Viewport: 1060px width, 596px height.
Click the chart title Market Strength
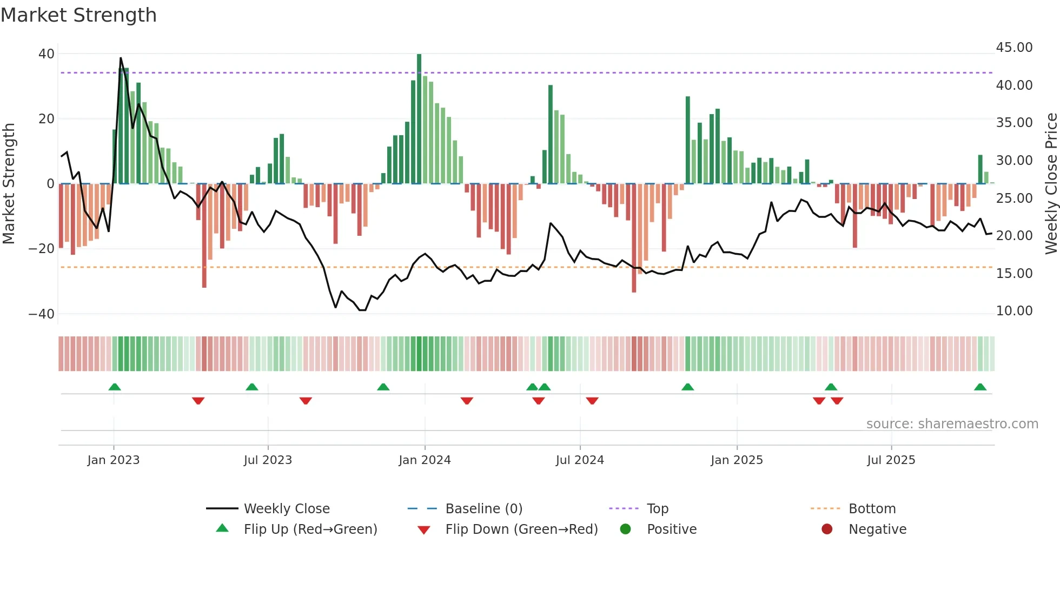78,15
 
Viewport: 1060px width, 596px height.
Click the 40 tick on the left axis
47,54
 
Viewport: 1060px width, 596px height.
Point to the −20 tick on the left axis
42,249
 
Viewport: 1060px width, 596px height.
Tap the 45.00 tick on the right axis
1014,48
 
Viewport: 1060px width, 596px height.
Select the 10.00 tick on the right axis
1014,311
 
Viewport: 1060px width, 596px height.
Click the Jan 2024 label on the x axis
425,460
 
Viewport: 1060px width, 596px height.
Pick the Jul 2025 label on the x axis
891,460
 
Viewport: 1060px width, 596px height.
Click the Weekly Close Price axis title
1051,184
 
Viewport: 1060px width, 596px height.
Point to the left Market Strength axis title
9,184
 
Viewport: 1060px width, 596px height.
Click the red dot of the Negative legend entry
827,529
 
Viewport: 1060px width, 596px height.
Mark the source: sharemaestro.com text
952,424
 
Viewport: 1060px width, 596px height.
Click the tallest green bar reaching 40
419,119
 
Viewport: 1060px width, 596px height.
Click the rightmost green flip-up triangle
980,387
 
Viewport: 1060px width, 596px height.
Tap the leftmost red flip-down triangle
198,401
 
